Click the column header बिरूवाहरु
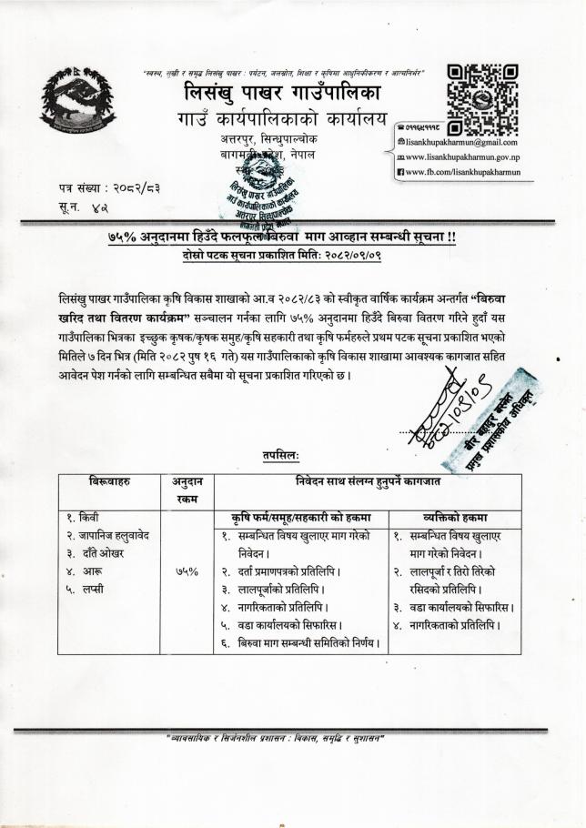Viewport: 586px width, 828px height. pos(109,480)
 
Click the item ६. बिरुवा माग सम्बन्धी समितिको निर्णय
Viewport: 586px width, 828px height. pos(299,644)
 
